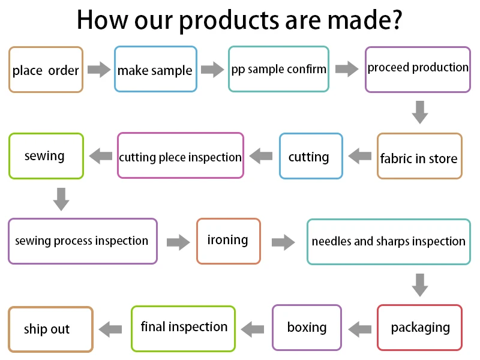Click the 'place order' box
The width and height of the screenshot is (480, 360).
click(x=46, y=70)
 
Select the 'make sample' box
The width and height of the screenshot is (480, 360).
click(x=155, y=70)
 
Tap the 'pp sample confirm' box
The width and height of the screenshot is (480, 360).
click(x=278, y=69)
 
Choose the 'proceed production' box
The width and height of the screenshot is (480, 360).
click(x=418, y=69)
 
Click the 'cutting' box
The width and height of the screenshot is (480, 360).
click(x=311, y=156)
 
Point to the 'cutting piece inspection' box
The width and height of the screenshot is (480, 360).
click(x=181, y=156)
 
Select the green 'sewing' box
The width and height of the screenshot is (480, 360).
click(x=45, y=156)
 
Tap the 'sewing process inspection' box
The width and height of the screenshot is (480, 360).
click(x=83, y=241)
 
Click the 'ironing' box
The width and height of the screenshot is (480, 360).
click(x=229, y=241)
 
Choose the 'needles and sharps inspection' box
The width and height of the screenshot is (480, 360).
click(x=388, y=242)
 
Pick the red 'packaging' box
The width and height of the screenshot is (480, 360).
click(x=419, y=328)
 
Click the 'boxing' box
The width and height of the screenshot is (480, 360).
click(x=307, y=328)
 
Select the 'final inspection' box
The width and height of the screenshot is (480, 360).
click(x=184, y=328)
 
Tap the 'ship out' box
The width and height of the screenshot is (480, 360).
click(x=50, y=329)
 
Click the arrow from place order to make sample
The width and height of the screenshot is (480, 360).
click(x=98, y=70)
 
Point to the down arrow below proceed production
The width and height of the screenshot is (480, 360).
click(x=420, y=112)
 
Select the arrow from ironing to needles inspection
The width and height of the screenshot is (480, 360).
click(x=283, y=242)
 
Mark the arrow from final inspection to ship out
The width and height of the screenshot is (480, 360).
click(x=111, y=328)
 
